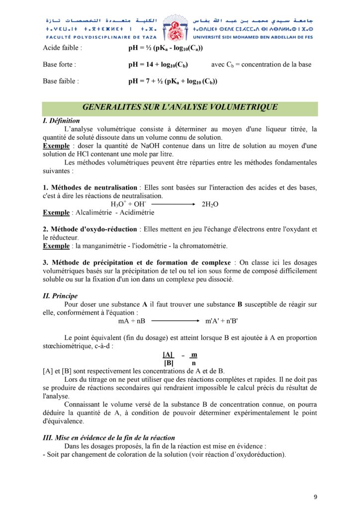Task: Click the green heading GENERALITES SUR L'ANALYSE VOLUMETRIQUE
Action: pyautogui.click(x=180, y=107)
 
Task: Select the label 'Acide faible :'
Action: pyautogui.click(x=63, y=48)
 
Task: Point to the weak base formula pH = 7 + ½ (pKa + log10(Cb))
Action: pyautogui.click(x=173, y=81)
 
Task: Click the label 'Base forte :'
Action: pyautogui.click(x=60, y=65)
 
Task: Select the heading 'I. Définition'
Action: pyautogui.click(x=61, y=121)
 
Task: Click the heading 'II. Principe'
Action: pyautogui.click(x=60, y=296)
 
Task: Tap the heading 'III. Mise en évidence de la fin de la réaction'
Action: pyautogui.click(x=109, y=438)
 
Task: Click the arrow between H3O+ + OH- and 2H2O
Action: pyautogui.click(x=173, y=204)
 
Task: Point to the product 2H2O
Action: pyautogui.click(x=210, y=204)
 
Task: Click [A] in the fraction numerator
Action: pyautogui.click(x=168, y=354)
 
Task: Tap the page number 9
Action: pyautogui.click(x=315, y=497)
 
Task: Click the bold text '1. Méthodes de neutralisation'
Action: pyautogui.click(x=90, y=187)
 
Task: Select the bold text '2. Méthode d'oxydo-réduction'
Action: pyautogui.click(x=90, y=229)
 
